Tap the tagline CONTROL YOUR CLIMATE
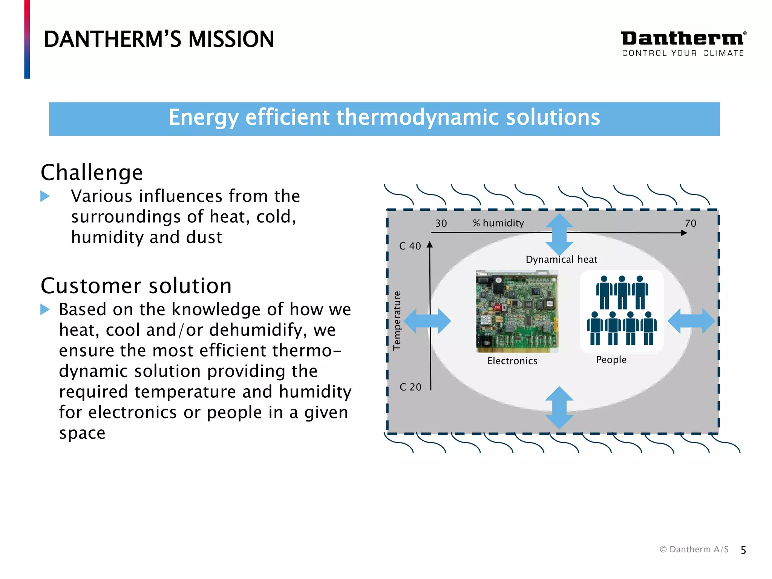pos(683,53)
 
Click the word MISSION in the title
pos(231,39)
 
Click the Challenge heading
pos(92,173)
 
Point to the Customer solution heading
pos(136,286)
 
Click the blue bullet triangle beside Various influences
pos(45,196)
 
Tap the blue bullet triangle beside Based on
pos(45,309)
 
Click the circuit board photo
pos(517,311)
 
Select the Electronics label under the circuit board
pos(512,361)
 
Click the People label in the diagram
pos(611,360)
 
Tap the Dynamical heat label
pos(561,260)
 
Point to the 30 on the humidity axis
pos(441,224)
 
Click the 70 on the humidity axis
pos(690,224)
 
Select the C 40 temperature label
pos(410,247)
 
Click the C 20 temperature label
pos(410,387)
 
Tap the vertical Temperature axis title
pos(397,320)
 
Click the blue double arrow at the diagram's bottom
pos(559,407)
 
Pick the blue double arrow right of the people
pos(691,321)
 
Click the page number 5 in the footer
pos(743,550)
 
